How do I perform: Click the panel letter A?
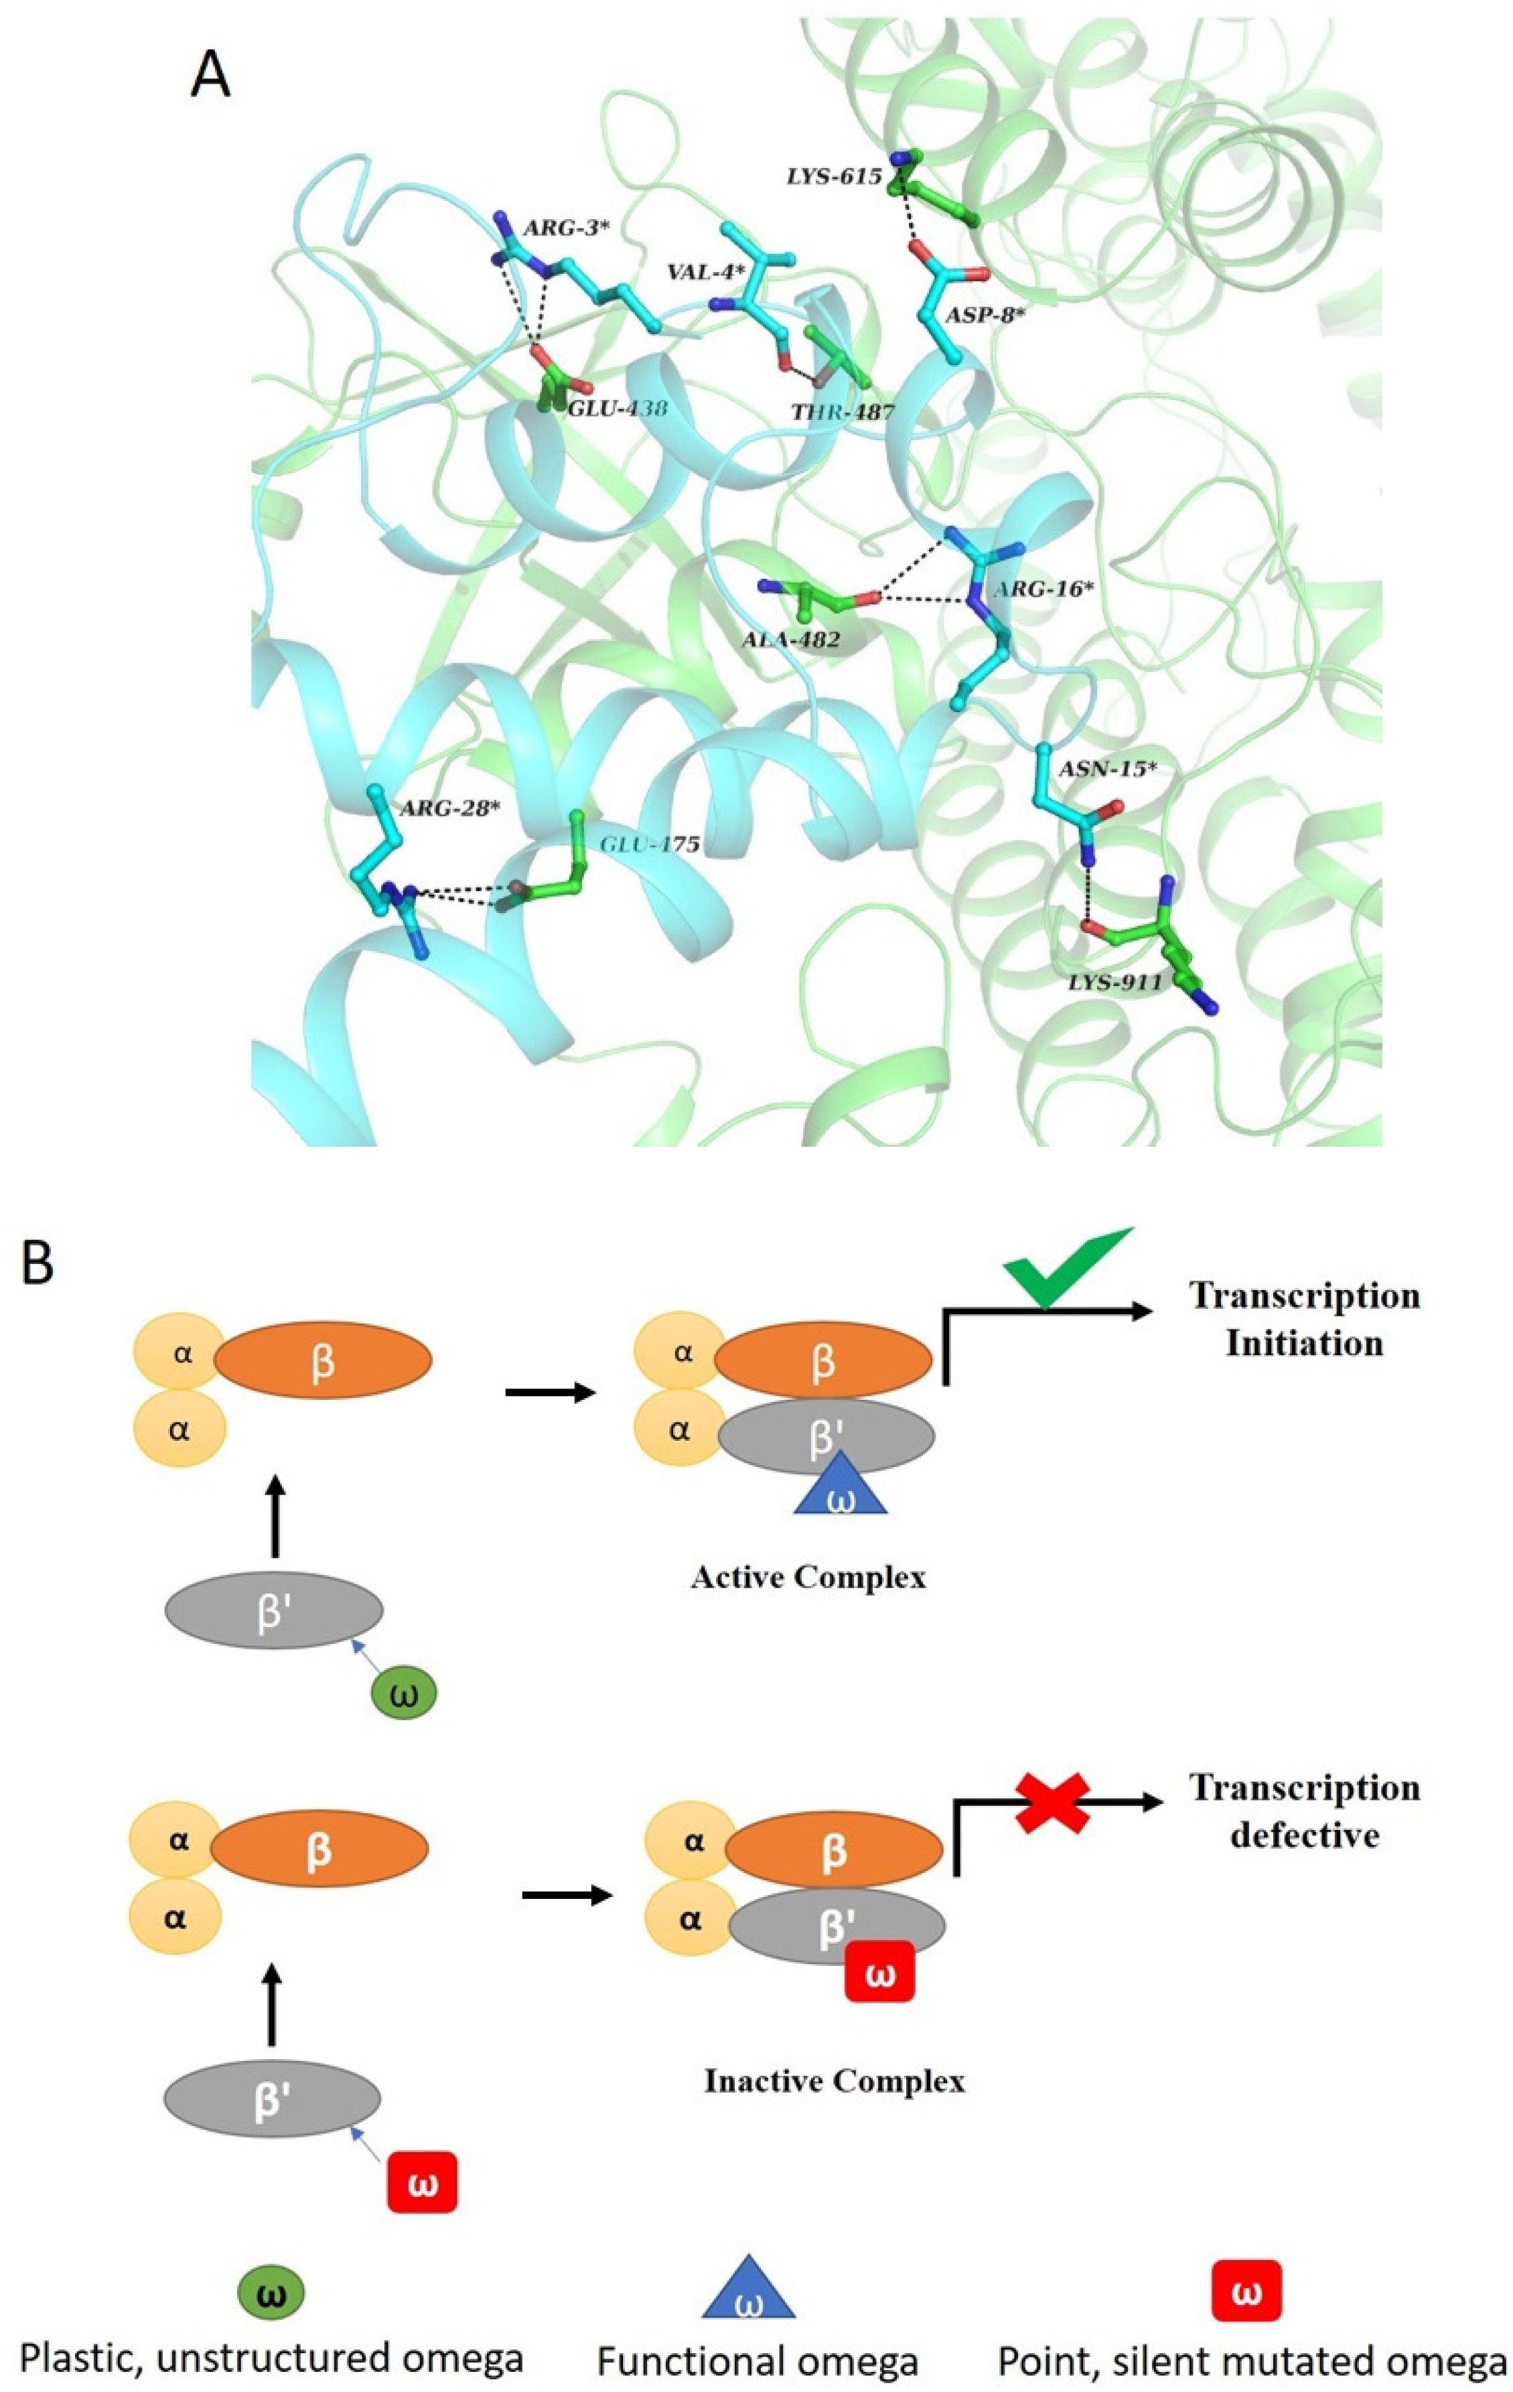[210, 76]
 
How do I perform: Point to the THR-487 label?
[843, 411]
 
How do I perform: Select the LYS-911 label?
[1114, 983]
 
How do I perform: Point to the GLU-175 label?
[650, 845]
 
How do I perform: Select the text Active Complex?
[808, 1577]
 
